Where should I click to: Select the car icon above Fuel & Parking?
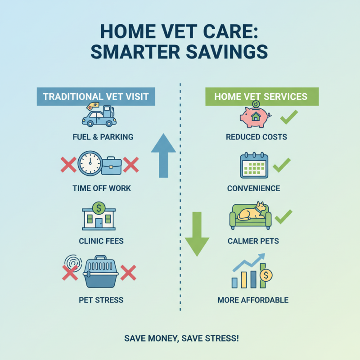coord(99,116)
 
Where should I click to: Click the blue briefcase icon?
coord(112,166)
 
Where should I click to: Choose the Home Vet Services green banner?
coord(261,96)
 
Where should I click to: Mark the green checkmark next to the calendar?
coord(282,165)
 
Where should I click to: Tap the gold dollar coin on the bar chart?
coord(266,275)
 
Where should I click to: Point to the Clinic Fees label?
coord(98,241)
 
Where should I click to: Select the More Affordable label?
coord(252,300)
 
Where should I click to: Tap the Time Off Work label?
coord(102,188)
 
